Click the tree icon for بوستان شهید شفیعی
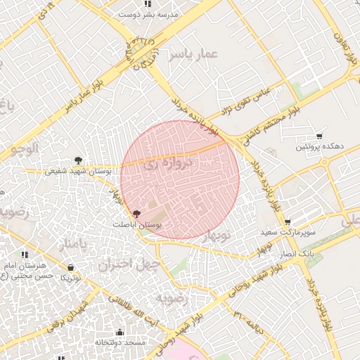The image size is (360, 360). pos(78,160)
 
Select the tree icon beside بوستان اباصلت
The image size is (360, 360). pos(136,213)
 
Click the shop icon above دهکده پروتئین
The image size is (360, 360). pos(319,136)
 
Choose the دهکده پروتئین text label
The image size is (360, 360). pos(319,146)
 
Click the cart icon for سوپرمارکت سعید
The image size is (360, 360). pos(287,221)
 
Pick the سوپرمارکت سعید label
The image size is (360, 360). pos(288,231)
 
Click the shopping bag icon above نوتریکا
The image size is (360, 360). pos(71,267)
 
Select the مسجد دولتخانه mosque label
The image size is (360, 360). pos(120,342)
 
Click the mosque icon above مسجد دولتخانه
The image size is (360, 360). pos(120,332)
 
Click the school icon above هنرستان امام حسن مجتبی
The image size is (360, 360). pos(25,255)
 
